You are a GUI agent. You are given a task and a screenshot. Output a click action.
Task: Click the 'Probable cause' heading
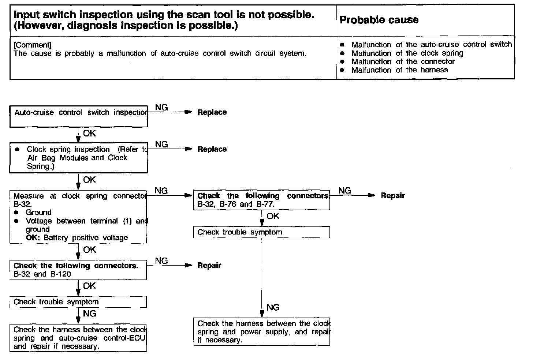(x=379, y=20)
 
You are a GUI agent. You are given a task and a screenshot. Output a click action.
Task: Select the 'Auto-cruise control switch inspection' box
(x=79, y=116)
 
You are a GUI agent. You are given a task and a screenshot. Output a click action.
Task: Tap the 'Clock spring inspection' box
(x=79, y=158)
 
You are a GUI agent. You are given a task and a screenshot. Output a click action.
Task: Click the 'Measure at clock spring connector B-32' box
(x=78, y=217)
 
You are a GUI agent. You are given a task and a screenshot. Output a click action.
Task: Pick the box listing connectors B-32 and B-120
(x=78, y=270)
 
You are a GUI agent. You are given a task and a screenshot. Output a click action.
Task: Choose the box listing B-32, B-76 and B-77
(x=261, y=200)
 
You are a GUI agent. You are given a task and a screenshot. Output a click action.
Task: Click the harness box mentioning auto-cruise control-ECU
(x=78, y=338)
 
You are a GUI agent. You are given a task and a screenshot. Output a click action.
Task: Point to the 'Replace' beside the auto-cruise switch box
(x=212, y=112)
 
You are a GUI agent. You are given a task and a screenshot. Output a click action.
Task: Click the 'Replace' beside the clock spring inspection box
(x=212, y=149)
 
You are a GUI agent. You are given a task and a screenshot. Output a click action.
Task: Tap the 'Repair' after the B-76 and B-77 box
(x=393, y=196)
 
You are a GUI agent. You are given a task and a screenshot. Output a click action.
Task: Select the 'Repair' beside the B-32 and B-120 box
(x=209, y=266)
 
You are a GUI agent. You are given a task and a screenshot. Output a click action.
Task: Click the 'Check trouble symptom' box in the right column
(x=261, y=232)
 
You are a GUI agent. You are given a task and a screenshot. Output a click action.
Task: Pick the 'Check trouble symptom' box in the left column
(x=78, y=302)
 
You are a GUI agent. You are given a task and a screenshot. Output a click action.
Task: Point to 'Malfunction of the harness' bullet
(x=399, y=70)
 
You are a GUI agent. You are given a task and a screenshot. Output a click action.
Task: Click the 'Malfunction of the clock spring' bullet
(x=407, y=53)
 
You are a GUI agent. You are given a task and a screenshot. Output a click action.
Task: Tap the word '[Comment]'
(x=32, y=45)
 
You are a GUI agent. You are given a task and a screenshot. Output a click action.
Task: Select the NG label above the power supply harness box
(x=273, y=307)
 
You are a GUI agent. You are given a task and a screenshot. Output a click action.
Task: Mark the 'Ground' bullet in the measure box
(x=38, y=213)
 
